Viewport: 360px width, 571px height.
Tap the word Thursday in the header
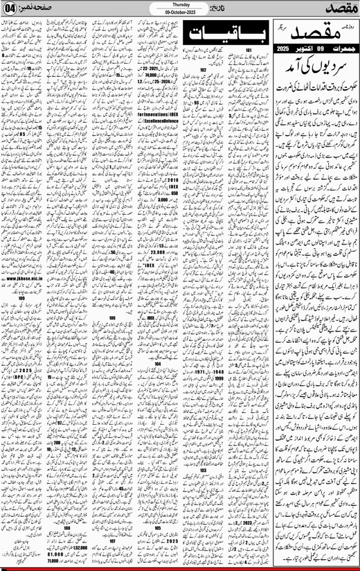[x=179, y=4]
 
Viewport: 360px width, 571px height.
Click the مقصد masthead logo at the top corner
[x=340, y=8]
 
